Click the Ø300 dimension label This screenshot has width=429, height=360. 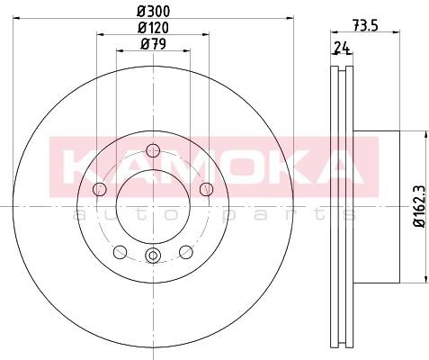tap(154, 11)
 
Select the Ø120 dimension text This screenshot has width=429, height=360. tap(153, 28)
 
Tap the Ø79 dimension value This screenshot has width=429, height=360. tap(153, 44)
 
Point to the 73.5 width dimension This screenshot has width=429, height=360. tap(365, 25)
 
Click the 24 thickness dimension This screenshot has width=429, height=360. tap(343, 48)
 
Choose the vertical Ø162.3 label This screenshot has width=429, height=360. tap(419, 206)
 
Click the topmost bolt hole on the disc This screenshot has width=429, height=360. tap(153, 150)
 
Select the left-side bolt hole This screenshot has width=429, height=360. tap(100, 189)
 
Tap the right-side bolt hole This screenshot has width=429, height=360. tap(206, 189)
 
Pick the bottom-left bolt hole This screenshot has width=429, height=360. tap(121, 252)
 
